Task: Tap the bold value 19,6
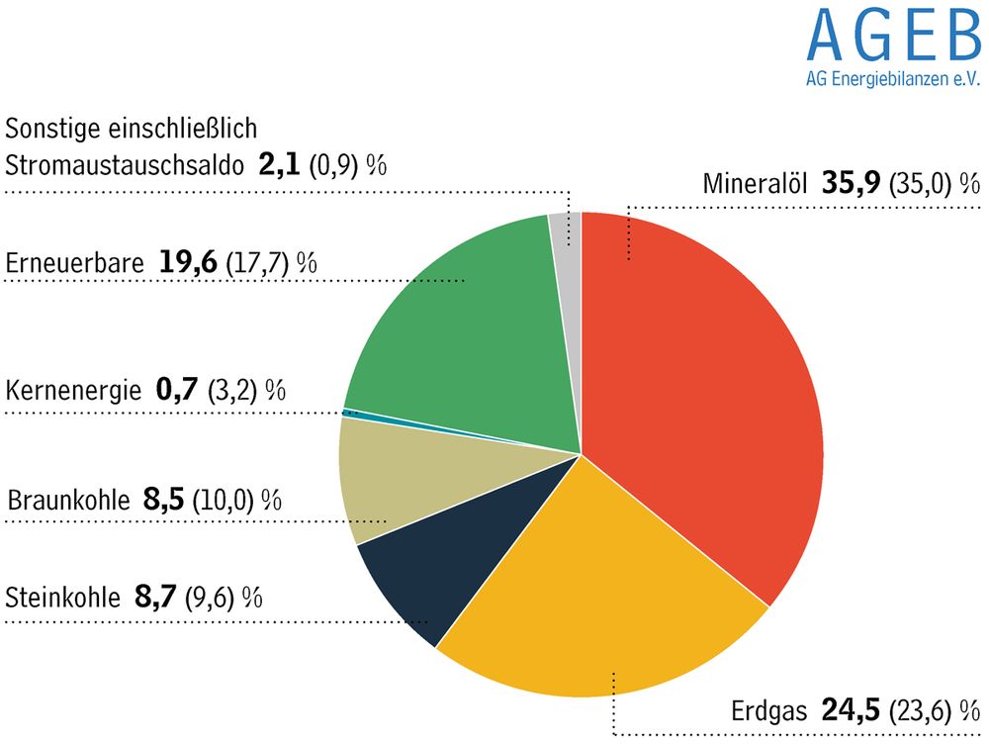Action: click(x=188, y=263)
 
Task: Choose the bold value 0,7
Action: click(x=177, y=390)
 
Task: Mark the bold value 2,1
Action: click(x=280, y=163)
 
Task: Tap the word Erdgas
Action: click(x=769, y=710)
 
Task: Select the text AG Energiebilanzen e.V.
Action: click(x=891, y=82)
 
